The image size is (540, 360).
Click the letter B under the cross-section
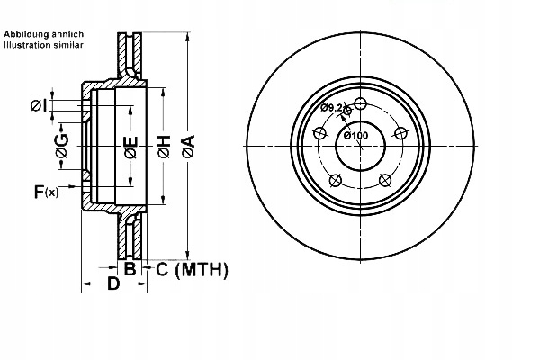(130, 268)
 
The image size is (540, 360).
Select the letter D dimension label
(113, 285)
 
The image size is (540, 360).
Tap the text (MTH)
(202, 268)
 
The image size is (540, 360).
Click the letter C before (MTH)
(162, 268)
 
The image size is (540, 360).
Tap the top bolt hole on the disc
(360, 103)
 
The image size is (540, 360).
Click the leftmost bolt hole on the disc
(317, 134)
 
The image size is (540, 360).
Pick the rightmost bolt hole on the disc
(401, 133)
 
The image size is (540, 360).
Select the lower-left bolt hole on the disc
(334, 180)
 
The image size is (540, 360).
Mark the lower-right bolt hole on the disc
(386, 180)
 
